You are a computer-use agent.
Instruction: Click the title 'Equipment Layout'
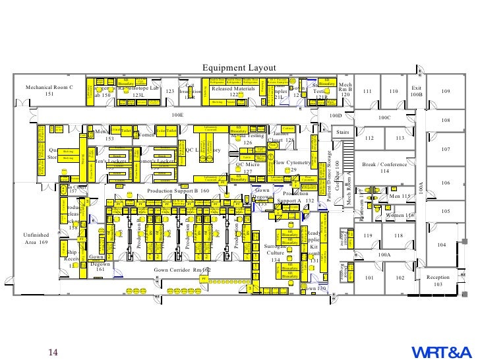coord(239,68)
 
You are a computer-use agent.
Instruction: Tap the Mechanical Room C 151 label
coord(49,90)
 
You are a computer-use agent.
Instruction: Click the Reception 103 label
coord(438,281)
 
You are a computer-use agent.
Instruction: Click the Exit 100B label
coord(416,91)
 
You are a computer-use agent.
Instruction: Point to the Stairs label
coord(342,133)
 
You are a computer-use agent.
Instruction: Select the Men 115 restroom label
coord(401,196)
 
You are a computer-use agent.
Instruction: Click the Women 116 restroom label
coord(400,216)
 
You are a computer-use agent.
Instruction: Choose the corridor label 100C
coord(384,117)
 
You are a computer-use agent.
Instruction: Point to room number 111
coord(368,91)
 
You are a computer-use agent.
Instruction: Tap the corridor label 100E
coord(177,115)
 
